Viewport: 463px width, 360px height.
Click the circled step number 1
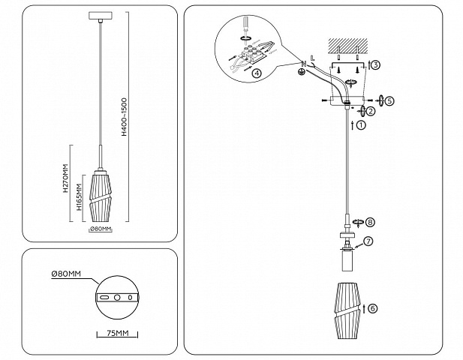click(x=361, y=124)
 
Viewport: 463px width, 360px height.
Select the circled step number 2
click(x=370, y=111)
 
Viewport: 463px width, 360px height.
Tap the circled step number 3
click(x=374, y=64)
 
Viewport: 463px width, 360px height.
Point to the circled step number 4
click(x=257, y=73)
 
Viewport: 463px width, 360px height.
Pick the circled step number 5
click(x=389, y=101)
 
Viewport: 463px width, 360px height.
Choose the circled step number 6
click(x=373, y=308)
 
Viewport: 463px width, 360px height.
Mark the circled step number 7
click(x=368, y=241)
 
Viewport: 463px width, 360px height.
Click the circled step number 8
click(x=370, y=222)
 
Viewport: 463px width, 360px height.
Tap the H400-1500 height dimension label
click(x=125, y=117)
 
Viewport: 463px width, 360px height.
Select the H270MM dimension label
click(x=65, y=178)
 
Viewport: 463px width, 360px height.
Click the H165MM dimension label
click(x=79, y=197)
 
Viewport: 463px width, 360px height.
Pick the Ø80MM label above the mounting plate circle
click(x=66, y=274)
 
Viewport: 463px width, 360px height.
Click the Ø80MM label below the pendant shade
click(x=101, y=229)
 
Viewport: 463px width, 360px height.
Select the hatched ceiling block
click(x=348, y=44)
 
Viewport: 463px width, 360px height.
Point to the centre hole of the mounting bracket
click(x=117, y=298)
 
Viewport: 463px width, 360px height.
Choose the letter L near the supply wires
click(x=313, y=58)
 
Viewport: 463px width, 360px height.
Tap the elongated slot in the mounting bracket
click(x=104, y=298)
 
